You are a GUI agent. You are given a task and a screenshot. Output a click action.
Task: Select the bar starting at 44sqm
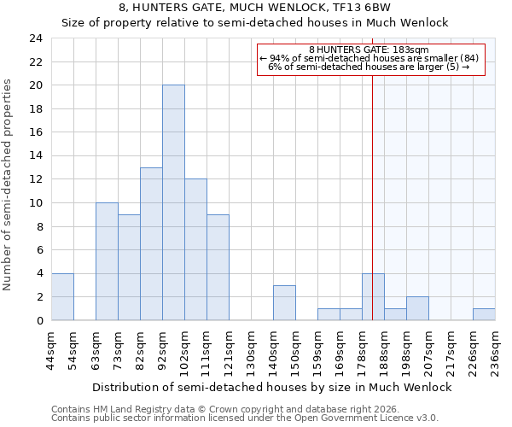[x=62, y=296]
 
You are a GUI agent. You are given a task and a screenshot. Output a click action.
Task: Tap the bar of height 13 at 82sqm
[x=151, y=244]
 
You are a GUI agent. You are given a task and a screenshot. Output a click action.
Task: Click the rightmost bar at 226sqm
[x=484, y=314]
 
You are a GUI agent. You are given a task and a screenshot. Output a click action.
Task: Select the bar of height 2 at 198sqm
[x=417, y=308]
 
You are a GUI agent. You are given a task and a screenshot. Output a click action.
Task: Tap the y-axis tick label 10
[x=35, y=203]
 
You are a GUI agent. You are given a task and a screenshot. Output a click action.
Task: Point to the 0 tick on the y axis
[x=38, y=320]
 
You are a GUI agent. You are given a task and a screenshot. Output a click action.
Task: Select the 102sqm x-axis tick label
[x=184, y=353]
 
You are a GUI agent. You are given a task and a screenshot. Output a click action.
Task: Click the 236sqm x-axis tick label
[x=495, y=353]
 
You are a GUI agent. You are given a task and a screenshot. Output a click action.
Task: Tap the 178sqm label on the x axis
[x=362, y=353]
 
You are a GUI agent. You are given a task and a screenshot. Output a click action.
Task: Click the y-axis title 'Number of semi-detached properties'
[x=9, y=184]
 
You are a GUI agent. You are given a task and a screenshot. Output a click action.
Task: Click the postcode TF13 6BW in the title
[x=327, y=7]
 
